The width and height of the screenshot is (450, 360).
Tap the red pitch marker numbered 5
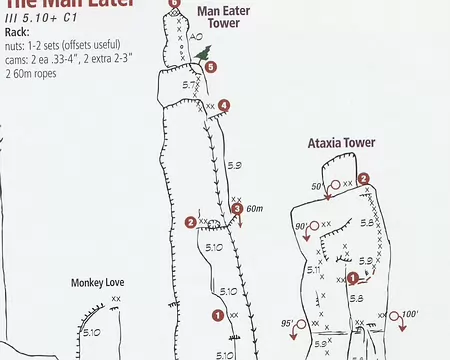(211, 67)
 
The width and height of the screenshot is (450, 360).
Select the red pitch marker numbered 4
(224, 105)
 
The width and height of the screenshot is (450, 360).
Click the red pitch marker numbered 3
(237, 208)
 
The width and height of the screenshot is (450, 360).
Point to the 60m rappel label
(254, 209)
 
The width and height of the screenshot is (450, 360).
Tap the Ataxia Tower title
(341, 143)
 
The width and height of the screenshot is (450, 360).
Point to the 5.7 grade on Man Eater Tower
(189, 85)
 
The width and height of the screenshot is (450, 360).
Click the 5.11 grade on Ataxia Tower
(313, 269)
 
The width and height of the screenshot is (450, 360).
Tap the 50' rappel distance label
(317, 186)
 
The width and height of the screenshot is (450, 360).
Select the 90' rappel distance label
(302, 227)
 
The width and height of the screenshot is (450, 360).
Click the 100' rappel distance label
(408, 315)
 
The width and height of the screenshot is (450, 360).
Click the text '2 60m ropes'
(33, 74)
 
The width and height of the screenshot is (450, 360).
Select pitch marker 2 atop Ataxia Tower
(364, 179)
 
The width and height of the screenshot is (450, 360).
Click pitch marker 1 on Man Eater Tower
(218, 315)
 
